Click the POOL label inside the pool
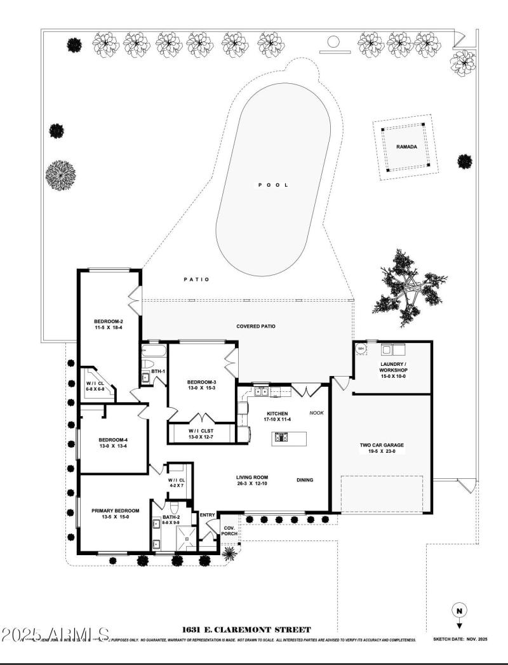tap(273, 185)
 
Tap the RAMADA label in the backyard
tap(406, 147)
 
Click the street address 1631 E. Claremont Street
tap(246, 630)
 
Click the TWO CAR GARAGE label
tap(381, 445)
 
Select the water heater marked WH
tap(361, 348)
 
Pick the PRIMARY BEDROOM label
tap(110, 510)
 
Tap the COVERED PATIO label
tap(256, 326)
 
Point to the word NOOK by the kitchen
tap(316, 413)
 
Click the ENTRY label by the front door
tap(207, 515)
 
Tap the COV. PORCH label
tap(229, 530)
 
